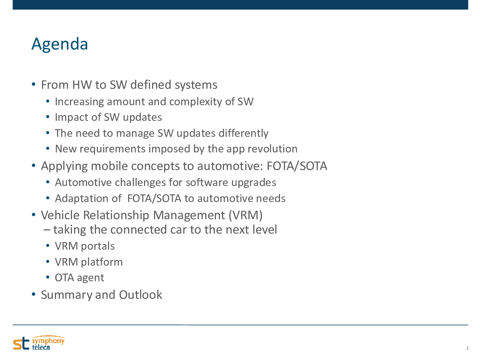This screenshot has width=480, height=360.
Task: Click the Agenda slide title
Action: click(x=60, y=44)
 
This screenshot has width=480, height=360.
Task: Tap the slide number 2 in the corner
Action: click(x=467, y=348)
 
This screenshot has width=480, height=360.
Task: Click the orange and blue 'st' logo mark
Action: click(x=21, y=343)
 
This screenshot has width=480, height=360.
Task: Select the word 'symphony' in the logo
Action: click(x=48, y=340)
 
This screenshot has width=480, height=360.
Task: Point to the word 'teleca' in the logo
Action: click(x=41, y=347)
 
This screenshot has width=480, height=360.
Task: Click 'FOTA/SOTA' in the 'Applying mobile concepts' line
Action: click(x=297, y=166)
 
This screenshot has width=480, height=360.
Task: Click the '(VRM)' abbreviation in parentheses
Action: click(x=246, y=215)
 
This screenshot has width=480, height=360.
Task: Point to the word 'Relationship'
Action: click(x=116, y=215)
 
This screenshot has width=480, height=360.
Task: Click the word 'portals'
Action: click(x=98, y=246)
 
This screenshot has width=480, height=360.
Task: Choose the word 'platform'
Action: click(x=102, y=262)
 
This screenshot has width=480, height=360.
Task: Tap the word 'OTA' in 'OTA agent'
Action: click(x=64, y=278)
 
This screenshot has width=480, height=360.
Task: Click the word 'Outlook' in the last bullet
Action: click(x=140, y=295)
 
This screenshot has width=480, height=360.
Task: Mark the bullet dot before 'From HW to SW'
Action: click(x=34, y=84)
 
